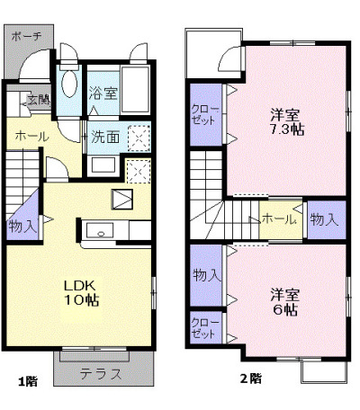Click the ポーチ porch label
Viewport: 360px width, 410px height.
(26, 37)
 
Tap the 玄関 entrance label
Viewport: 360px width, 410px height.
(39, 100)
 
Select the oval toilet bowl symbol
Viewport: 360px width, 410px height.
(69, 84)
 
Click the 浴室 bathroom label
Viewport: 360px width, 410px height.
(103, 94)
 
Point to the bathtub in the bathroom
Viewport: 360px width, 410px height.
(135, 90)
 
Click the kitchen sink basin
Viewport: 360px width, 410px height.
(100, 230)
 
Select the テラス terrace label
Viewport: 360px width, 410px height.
(101, 374)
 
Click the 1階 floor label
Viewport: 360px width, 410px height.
(28, 381)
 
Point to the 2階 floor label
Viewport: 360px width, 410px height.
(251, 379)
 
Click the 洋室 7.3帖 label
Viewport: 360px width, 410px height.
(287, 122)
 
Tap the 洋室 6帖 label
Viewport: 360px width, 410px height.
(285, 302)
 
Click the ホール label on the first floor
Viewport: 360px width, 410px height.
(31, 137)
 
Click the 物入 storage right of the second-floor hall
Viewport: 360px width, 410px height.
(325, 219)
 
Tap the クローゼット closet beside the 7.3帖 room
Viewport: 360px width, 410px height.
(205, 114)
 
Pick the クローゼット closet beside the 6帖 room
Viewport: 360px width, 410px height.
(205, 328)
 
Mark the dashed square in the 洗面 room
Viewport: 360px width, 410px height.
(139, 138)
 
